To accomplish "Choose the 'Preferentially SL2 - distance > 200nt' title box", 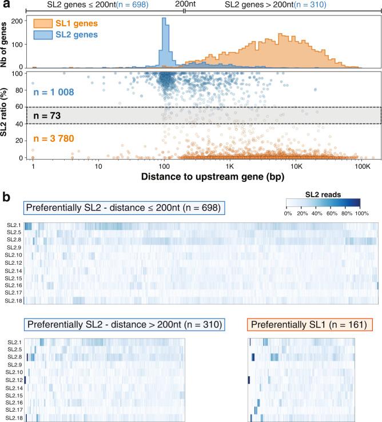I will [x=124, y=325].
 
